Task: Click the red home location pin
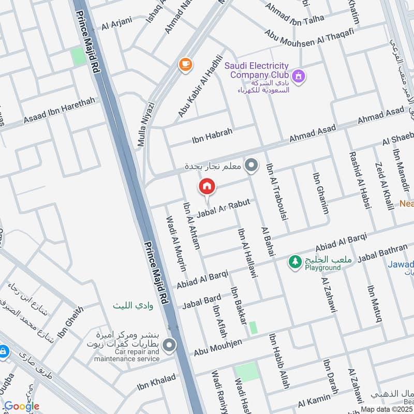(x=206, y=186)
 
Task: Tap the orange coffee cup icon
(x=185, y=64)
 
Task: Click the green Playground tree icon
(x=295, y=262)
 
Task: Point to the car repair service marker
(x=169, y=345)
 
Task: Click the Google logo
(x=21, y=406)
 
